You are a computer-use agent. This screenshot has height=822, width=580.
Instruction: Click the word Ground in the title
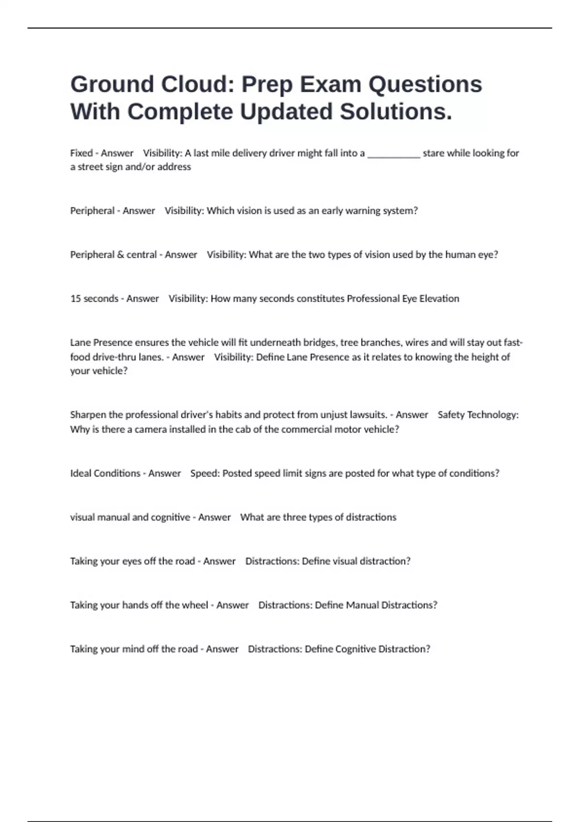112,84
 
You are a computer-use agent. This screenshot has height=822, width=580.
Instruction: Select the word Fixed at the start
81,153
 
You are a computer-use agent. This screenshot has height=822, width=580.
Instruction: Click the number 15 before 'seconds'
75,299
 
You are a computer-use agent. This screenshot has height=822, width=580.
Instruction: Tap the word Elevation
439,299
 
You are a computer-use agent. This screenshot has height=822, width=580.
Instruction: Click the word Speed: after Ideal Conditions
205,473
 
